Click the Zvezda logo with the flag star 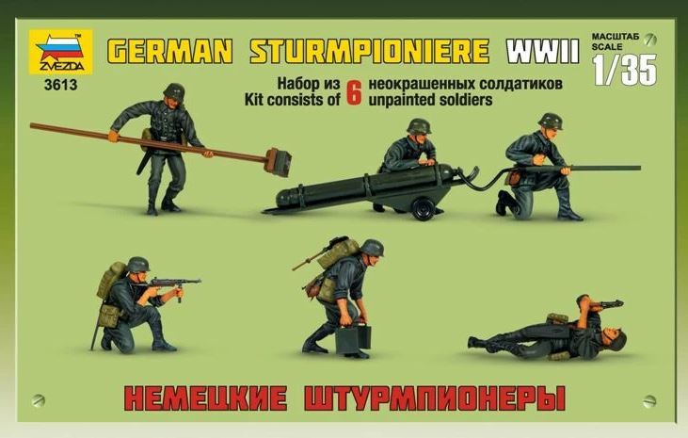click(61, 52)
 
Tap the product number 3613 click(60, 85)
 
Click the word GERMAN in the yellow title click(169, 51)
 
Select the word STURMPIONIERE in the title click(369, 51)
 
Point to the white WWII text click(543, 51)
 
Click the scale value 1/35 click(625, 70)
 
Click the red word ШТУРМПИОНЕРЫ click(435, 398)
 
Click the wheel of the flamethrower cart click(424, 208)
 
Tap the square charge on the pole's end click(279, 161)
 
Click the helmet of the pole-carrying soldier click(174, 91)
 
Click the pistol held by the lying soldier click(605, 303)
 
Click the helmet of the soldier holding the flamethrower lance click(551, 122)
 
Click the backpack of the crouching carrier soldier click(339, 253)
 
